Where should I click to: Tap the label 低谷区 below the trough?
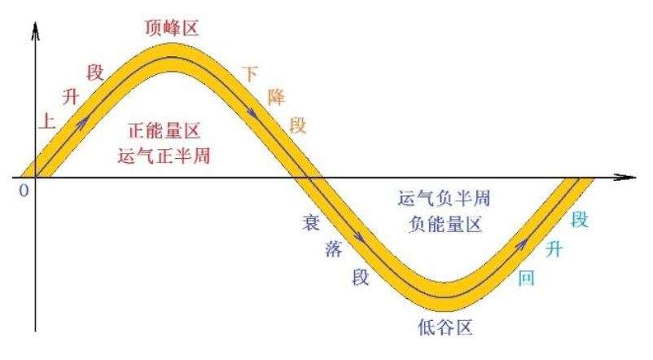tap(443, 327)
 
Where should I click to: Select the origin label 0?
tap(24, 190)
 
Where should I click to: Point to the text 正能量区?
tap(164, 130)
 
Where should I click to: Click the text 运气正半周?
tap(164, 155)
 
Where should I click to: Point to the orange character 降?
tap(277, 98)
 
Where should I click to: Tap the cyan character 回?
tap(527, 277)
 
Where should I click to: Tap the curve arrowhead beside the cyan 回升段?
tap(521, 242)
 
